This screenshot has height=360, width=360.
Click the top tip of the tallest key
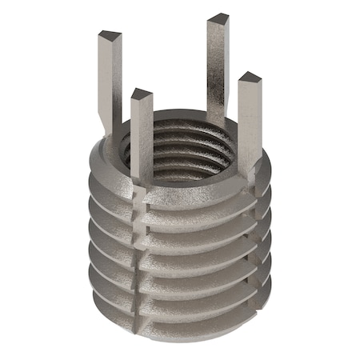click(x=218, y=18)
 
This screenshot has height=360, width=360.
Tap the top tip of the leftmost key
click(x=110, y=36)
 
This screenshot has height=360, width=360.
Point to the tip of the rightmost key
click(x=249, y=78)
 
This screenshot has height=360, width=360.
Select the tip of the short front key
click(x=141, y=94)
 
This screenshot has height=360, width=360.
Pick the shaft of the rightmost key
click(x=249, y=120)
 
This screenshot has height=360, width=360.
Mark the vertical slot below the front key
click(x=142, y=256)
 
